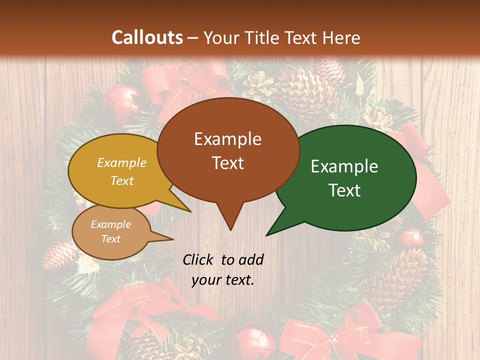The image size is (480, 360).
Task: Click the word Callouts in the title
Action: point(147,37)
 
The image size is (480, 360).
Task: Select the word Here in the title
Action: point(342,38)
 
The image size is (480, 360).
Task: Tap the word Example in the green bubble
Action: point(344,166)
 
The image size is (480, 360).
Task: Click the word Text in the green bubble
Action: point(344,190)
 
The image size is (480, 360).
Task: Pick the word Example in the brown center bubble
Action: point(227,139)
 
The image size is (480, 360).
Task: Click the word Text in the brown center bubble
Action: point(228,163)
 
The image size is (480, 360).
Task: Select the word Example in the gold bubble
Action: point(122,162)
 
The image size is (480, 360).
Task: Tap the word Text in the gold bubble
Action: point(122,180)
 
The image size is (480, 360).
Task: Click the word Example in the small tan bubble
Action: point(110,224)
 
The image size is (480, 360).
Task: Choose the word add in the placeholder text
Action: point(251,259)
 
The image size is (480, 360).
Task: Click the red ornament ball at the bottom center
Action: point(253,340)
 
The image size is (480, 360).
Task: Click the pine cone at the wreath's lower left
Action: point(59,254)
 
